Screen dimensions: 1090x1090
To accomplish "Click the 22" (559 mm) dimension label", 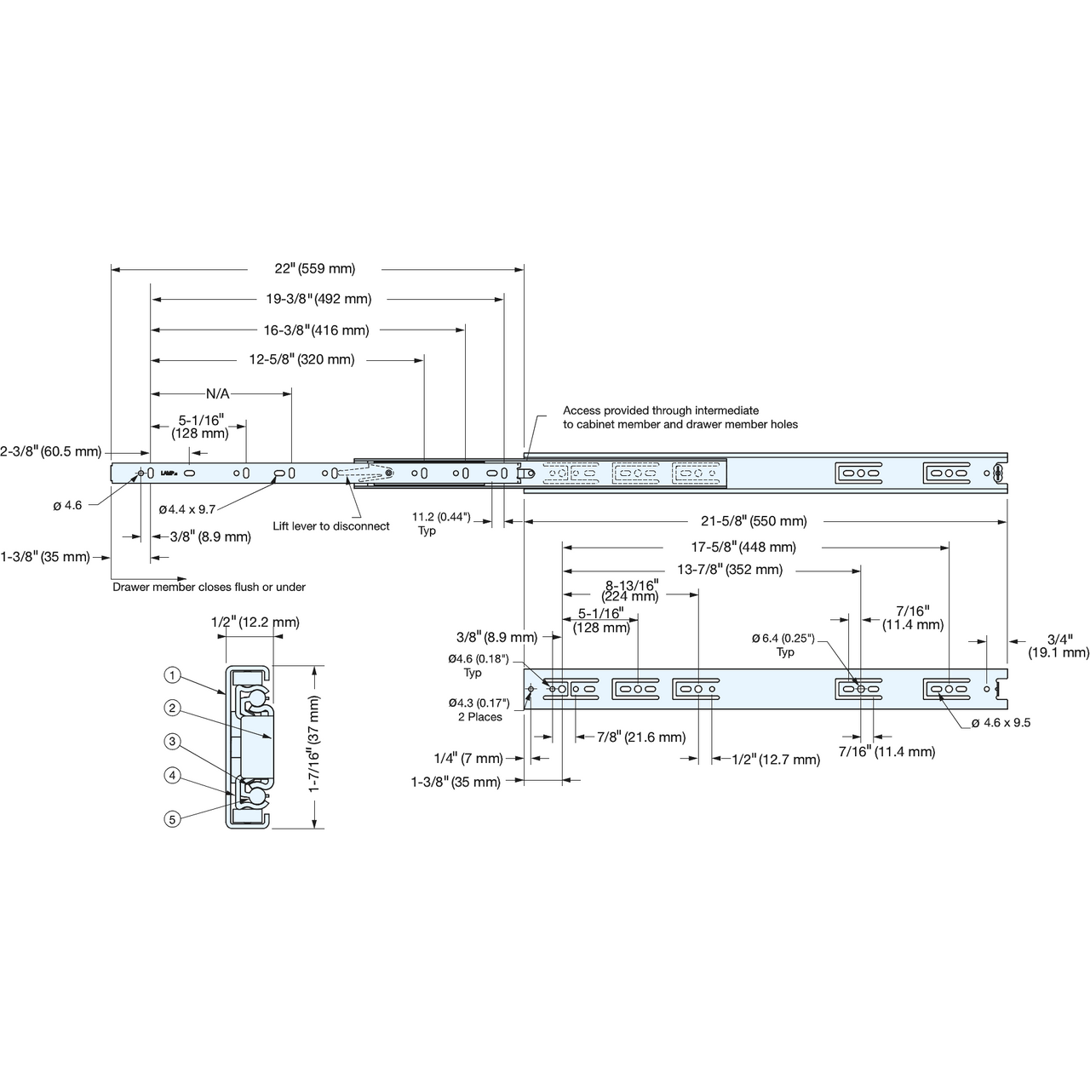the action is pos(315,269).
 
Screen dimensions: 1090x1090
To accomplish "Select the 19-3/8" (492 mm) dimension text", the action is pos(319,299).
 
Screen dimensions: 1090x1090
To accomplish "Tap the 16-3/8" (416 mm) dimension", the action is pos(317,330).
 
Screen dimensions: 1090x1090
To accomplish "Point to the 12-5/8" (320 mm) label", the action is pos(302,359).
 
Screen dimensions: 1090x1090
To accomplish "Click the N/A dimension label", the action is pos(218,393).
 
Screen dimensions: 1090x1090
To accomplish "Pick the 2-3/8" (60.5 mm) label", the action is pos(51,451).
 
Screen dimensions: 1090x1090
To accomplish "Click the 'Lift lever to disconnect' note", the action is pos(331,526).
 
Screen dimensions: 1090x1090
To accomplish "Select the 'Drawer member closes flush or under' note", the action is pos(209,587).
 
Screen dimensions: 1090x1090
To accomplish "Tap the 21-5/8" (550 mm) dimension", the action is pos(754,521).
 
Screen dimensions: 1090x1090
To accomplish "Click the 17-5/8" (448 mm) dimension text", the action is pos(743,547).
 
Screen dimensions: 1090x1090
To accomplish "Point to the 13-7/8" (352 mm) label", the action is pos(730,570).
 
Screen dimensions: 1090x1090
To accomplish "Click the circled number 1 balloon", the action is pos(172,674).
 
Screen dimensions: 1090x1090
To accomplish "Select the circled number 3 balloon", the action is pos(172,742).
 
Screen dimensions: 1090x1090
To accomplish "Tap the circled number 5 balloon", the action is pos(172,818).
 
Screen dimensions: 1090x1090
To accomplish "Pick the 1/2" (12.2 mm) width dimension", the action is pos(255,622).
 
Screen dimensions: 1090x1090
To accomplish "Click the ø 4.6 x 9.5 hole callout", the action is pos(1001,722).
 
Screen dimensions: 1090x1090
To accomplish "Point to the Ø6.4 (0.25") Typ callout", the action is pos(783,645).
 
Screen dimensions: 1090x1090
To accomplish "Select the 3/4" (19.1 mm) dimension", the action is pos(1058,646).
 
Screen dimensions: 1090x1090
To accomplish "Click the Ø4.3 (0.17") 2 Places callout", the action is pos(479,710).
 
